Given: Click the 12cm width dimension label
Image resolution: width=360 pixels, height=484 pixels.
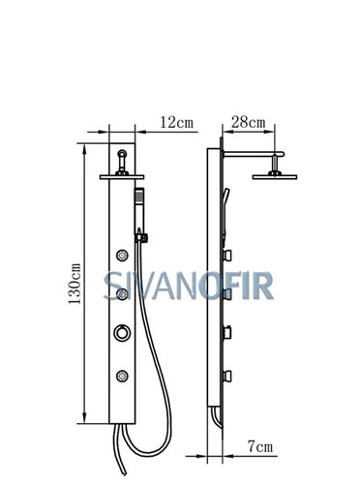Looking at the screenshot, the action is click(176, 122).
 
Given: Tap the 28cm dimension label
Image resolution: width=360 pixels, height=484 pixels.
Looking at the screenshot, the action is click(249, 122).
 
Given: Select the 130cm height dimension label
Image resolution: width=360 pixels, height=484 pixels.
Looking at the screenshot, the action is click(75, 284).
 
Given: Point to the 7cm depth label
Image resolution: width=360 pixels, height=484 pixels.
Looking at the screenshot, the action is click(260, 446).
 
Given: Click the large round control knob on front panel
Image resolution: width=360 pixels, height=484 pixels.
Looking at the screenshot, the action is click(122, 332).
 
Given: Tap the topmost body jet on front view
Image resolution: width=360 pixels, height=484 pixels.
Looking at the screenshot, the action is click(122, 256).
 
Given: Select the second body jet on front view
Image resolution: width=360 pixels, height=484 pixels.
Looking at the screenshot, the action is click(122, 294).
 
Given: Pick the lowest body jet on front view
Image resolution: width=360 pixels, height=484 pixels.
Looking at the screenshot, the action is click(122, 376).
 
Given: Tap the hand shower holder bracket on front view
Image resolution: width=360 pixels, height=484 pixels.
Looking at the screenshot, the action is click(142, 238).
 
